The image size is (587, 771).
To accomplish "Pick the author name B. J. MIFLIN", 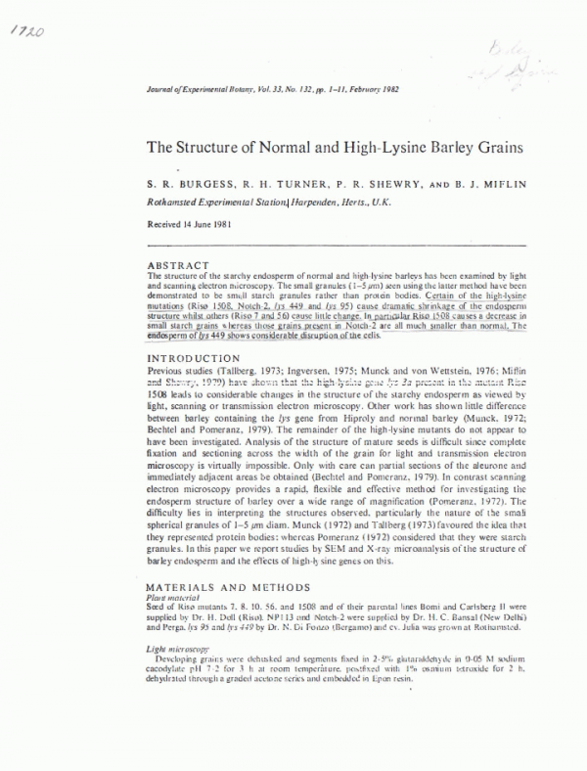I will click(475, 182).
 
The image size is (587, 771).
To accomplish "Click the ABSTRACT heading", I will click(176, 265).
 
